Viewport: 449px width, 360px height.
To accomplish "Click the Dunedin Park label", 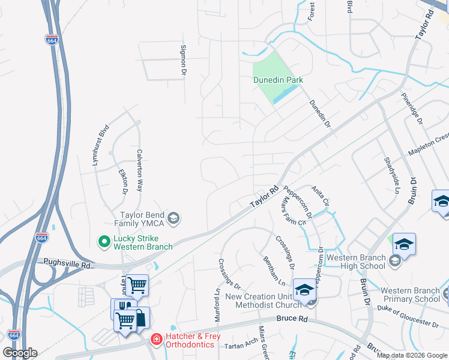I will pyautogui.click(x=277, y=80).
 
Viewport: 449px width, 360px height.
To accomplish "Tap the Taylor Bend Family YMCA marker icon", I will pyautogui.click(x=173, y=217).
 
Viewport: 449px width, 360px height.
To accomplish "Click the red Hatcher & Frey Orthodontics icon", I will pyautogui.click(x=156, y=340).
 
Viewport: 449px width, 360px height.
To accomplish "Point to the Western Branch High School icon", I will pyautogui.click(x=395, y=260).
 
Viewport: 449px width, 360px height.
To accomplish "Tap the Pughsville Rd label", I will pyautogui.click(x=67, y=263).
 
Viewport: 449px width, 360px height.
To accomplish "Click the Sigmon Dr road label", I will pyautogui.click(x=184, y=59).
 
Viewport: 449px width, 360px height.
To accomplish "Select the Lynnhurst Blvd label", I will pyautogui.click(x=101, y=141).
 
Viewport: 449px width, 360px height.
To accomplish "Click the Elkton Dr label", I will pyautogui.click(x=124, y=181).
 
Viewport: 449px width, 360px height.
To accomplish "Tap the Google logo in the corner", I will pyautogui.click(x=19, y=353).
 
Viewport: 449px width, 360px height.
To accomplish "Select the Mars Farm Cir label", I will pyautogui.click(x=294, y=214).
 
